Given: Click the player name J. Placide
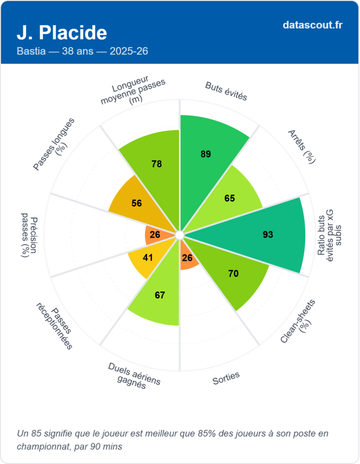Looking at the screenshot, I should click(62, 33).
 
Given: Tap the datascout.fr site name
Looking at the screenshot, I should click(312, 25).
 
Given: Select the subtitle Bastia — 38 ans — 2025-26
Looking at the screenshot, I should click(82, 51).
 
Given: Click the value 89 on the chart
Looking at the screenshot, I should click(206, 154).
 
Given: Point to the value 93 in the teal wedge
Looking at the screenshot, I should click(268, 234).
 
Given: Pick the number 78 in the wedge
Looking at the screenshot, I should click(157, 164).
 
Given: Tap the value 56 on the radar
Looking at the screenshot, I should click(136, 203).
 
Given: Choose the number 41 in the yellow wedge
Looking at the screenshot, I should click(148, 258).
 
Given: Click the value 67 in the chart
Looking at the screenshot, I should click(160, 295).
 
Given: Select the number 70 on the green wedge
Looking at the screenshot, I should click(234, 274).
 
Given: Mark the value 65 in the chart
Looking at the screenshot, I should click(229, 198).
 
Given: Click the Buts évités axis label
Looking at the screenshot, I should click(226, 91).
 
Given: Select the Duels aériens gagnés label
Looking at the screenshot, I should click(134, 376).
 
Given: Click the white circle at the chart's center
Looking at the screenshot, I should click(180, 235).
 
